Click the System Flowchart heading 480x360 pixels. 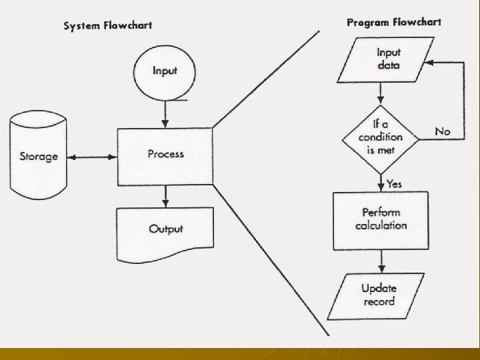(x=107, y=26)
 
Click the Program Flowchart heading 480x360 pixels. (x=393, y=23)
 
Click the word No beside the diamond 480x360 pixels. (x=442, y=131)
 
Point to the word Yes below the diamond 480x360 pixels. (x=394, y=183)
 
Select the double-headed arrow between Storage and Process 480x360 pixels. (x=93, y=158)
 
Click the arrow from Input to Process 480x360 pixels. (x=165, y=113)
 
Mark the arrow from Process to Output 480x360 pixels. (x=165, y=196)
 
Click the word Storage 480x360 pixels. (x=38, y=157)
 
